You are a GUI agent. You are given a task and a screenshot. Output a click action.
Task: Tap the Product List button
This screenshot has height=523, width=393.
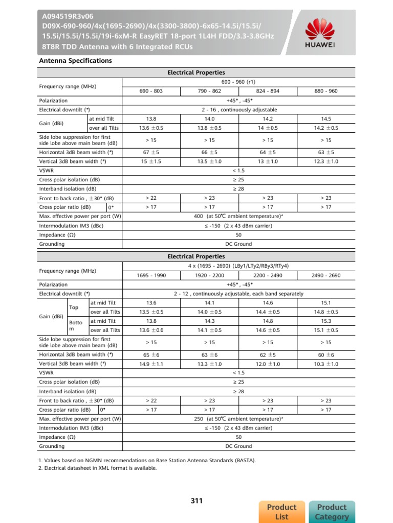point(281,512)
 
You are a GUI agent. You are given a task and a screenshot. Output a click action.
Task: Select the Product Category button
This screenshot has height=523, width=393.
point(332,512)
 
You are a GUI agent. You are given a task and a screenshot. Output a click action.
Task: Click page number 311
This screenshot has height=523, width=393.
point(196,501)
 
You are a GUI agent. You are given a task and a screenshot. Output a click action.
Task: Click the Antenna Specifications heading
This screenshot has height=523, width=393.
point(75,61)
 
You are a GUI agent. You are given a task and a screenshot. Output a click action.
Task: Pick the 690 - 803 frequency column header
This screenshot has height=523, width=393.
point(151,91)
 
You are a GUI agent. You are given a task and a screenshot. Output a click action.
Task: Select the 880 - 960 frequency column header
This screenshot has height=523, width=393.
point(326,91)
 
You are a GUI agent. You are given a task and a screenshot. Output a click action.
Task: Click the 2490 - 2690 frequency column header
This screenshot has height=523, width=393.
point(326,275)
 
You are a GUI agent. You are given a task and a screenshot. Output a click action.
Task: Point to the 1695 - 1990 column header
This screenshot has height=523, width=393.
point(151,275)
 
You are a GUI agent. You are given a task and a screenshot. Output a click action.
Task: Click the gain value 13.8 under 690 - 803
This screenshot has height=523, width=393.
point(151,118)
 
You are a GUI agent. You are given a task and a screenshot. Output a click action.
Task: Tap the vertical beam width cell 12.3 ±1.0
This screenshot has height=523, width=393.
point(326,161)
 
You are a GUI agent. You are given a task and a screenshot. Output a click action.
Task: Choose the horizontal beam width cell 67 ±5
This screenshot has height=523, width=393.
point(151,152)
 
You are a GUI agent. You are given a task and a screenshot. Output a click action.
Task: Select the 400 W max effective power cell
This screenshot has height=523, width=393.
point(238,217)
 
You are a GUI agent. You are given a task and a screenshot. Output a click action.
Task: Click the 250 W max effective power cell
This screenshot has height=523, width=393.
point(238,419)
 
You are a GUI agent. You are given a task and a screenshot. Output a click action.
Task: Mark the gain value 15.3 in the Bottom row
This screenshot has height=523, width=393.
point(326,321)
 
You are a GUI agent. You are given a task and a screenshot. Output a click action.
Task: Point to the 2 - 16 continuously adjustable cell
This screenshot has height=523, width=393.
point(238,110)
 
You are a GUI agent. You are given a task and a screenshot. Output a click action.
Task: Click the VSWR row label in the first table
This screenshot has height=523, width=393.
point(47,171)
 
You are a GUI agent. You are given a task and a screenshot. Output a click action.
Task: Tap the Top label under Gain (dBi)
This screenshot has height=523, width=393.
point(74,307)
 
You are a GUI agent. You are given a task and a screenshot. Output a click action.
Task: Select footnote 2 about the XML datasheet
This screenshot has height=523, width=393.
point(98,468)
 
